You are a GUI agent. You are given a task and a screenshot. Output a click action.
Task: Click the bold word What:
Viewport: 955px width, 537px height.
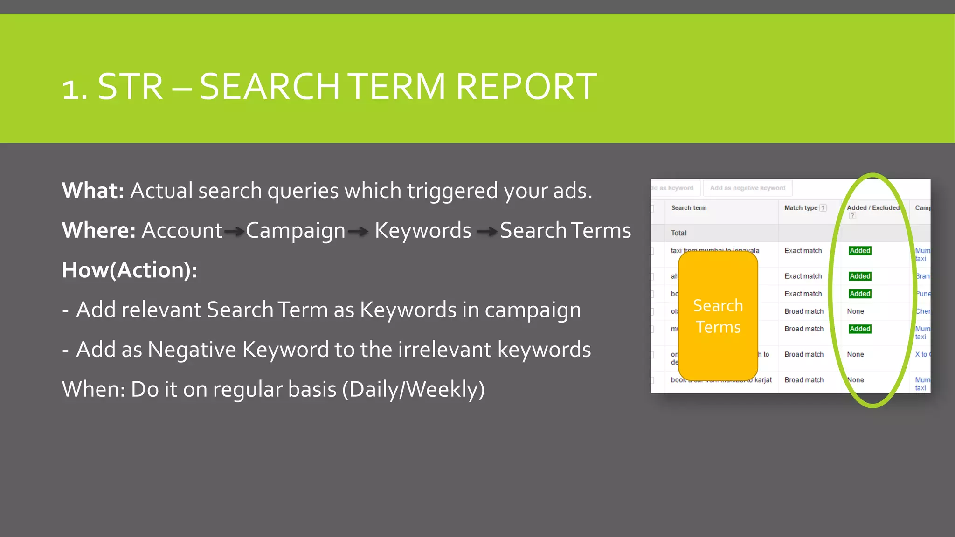93,191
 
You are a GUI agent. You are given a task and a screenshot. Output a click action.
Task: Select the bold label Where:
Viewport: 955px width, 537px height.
98,230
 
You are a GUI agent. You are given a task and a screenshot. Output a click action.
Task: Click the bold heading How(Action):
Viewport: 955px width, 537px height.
129,270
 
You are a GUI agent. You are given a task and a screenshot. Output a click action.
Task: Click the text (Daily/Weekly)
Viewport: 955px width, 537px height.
413,389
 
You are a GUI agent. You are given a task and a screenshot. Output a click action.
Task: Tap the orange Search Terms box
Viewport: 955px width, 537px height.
718,316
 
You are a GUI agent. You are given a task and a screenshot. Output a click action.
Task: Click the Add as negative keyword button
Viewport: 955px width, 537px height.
747,188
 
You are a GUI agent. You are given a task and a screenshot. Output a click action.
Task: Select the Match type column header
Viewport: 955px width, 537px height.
801,208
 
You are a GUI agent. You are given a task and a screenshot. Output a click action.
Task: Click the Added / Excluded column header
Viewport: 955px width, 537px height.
873,208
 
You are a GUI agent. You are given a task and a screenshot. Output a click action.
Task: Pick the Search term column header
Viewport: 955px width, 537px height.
689,208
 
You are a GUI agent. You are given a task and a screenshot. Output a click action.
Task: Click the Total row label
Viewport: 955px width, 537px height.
678,233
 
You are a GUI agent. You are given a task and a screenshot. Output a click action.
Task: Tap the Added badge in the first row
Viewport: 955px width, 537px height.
860,251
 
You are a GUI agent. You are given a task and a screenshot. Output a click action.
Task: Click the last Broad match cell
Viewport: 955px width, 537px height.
804,380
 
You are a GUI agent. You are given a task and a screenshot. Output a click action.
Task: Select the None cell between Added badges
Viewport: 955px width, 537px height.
855,311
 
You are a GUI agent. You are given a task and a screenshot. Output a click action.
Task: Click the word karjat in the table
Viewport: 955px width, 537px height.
763,380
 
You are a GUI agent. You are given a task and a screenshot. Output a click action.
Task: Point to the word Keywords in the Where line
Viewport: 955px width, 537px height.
423,230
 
